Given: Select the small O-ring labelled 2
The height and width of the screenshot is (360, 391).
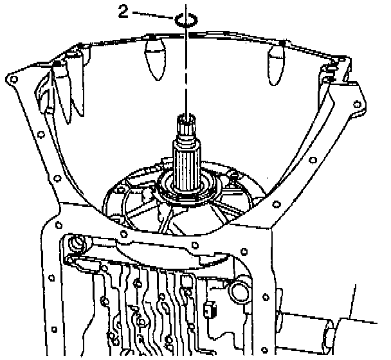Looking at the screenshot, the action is click(184, 19).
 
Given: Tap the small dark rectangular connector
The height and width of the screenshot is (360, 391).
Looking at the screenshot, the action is click(207, 311).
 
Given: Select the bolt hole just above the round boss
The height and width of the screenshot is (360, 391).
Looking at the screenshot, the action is click(59, 225).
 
